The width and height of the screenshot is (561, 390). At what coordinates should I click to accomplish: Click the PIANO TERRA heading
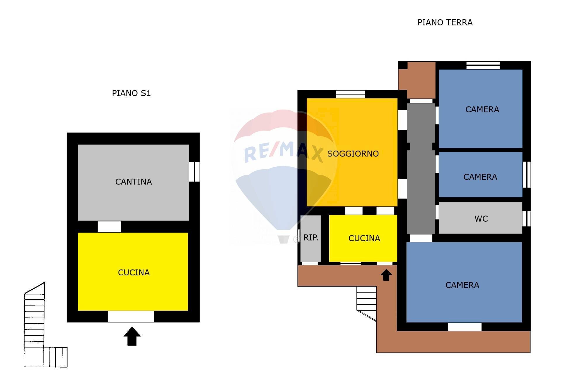click(x=445, y=23)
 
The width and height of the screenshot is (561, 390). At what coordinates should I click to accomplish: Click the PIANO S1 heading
click(x=131, y=93)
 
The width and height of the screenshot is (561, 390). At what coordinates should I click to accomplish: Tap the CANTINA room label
click(x=134, y=182)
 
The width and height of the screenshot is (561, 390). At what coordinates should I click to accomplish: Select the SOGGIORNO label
click(x=353, y=154)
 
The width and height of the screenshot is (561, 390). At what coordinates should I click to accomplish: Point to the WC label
click(x=481, y=219)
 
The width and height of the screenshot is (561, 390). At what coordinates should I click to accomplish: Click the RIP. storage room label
click(x=311, y=238)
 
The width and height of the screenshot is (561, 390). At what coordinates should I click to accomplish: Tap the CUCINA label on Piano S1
click(x=134, y=272)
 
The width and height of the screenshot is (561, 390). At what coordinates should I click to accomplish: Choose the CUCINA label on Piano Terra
click(x=364, y=238)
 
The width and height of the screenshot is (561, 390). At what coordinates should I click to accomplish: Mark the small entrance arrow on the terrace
click(x=386, y=275)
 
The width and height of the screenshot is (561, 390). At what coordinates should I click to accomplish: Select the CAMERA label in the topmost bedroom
click(x=482, y=110)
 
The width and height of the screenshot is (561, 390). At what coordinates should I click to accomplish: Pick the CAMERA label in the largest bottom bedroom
click(x=462, y=285)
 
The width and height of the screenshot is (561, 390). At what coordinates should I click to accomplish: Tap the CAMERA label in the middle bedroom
click(x=480, y=177)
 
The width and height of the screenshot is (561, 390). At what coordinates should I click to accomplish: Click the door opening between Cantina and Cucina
click(x=109, y=227)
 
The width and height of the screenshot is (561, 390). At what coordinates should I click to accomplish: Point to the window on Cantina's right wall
click(x=194, y=172)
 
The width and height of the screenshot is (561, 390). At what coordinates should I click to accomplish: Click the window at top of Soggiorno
click(x=350, y=94)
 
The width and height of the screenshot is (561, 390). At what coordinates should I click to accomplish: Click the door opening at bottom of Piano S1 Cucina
click(x=131, y=317)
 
